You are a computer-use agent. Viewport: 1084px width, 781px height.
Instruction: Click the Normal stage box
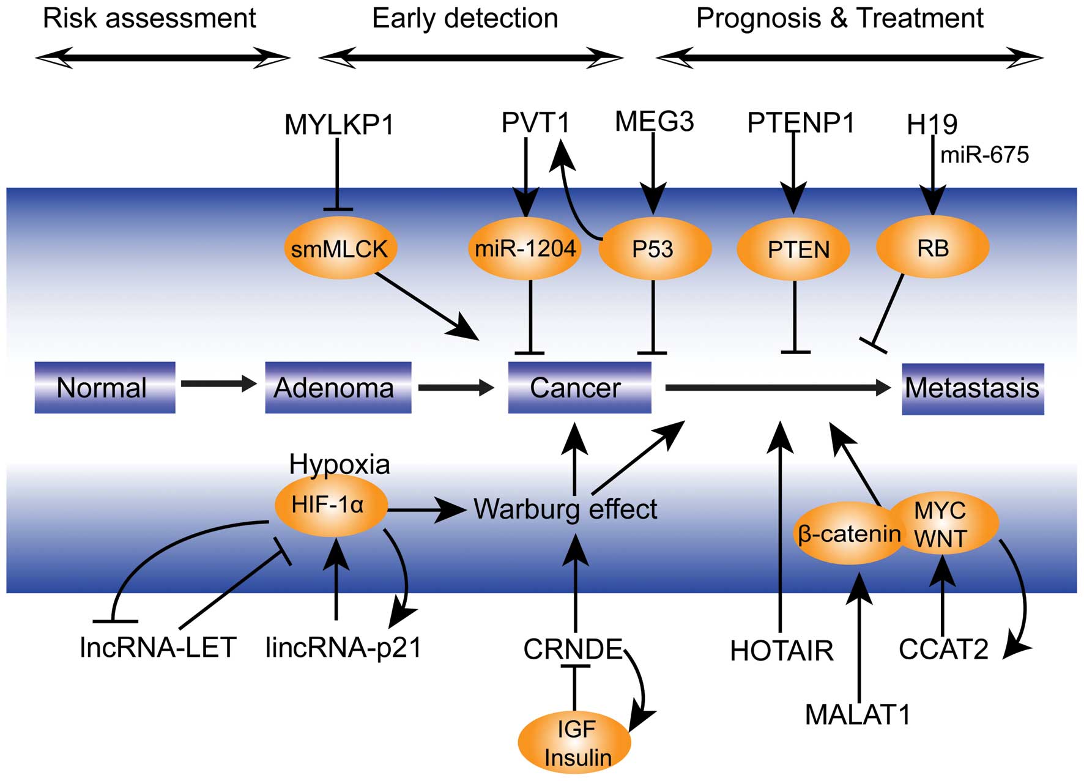tap(105, 388)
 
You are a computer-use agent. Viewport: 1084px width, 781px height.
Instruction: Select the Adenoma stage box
tap(338, 388)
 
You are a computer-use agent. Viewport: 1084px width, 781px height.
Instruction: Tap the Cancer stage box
tap(579, 388)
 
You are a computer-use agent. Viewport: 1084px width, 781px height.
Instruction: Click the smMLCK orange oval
tap(340, 248)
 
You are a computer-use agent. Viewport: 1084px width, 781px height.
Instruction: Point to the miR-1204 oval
tap(525, 248)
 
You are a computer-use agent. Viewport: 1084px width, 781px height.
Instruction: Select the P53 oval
tap(654, 249)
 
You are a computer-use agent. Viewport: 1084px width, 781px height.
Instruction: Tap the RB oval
tap(932, 248)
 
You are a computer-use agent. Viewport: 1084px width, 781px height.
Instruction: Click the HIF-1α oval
tap(330, 505)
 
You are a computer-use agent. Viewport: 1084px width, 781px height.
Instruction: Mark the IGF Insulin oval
tap(574, 742)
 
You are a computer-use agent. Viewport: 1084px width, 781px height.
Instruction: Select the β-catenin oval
tap(848, 534)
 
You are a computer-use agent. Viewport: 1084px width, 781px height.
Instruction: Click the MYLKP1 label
tap(339, 125)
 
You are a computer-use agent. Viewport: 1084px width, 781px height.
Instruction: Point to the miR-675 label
tap(984, 155)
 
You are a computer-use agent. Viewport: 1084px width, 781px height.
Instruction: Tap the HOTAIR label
tap(781, 651)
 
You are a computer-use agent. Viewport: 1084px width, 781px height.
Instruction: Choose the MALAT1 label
tap(858, 714)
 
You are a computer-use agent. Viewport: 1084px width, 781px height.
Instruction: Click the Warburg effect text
tap(565, 509)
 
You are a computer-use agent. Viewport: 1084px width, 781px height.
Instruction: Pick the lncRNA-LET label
tap(158, 648)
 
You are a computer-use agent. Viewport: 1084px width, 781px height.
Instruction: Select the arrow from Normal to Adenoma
tap(218, 384)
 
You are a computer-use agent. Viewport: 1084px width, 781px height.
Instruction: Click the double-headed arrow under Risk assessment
tap(163, 59)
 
